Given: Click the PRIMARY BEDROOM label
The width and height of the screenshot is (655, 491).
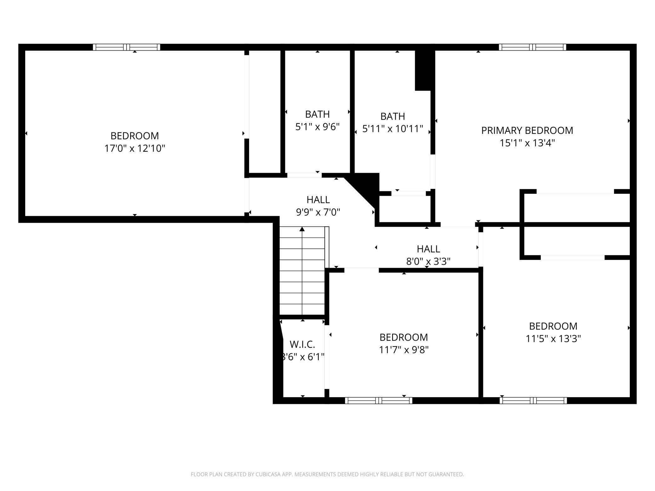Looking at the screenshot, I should pos(527,130).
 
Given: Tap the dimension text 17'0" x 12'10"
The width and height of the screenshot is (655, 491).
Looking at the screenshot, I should pos(134,148).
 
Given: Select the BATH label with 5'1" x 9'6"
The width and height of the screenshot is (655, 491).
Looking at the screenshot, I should pos(317,114).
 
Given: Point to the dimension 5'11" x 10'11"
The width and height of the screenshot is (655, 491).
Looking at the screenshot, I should pos(392,129).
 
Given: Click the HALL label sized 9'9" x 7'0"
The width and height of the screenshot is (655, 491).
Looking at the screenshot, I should pos(318,200).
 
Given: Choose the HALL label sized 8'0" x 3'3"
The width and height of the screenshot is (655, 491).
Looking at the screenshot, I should pos(428,249).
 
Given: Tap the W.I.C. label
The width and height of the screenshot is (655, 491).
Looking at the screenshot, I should pos(302,344).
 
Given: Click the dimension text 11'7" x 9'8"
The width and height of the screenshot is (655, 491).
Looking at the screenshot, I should pos(404,350).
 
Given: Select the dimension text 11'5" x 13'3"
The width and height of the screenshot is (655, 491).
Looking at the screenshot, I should pos(553,339).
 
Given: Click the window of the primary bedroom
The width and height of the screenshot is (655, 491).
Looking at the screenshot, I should pos(532,47).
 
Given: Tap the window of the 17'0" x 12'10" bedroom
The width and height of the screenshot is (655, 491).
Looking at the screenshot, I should pos(126,47).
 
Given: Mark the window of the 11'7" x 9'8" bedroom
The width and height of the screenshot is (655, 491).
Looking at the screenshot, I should pos(379,400).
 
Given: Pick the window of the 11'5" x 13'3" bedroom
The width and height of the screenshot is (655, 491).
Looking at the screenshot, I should pos(533,400).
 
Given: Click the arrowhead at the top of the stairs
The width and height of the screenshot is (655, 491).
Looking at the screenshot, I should pos(302,229).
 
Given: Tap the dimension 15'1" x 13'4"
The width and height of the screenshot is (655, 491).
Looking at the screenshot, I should pos(527,143).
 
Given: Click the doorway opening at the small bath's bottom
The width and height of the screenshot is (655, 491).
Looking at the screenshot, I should pos(304,175).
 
